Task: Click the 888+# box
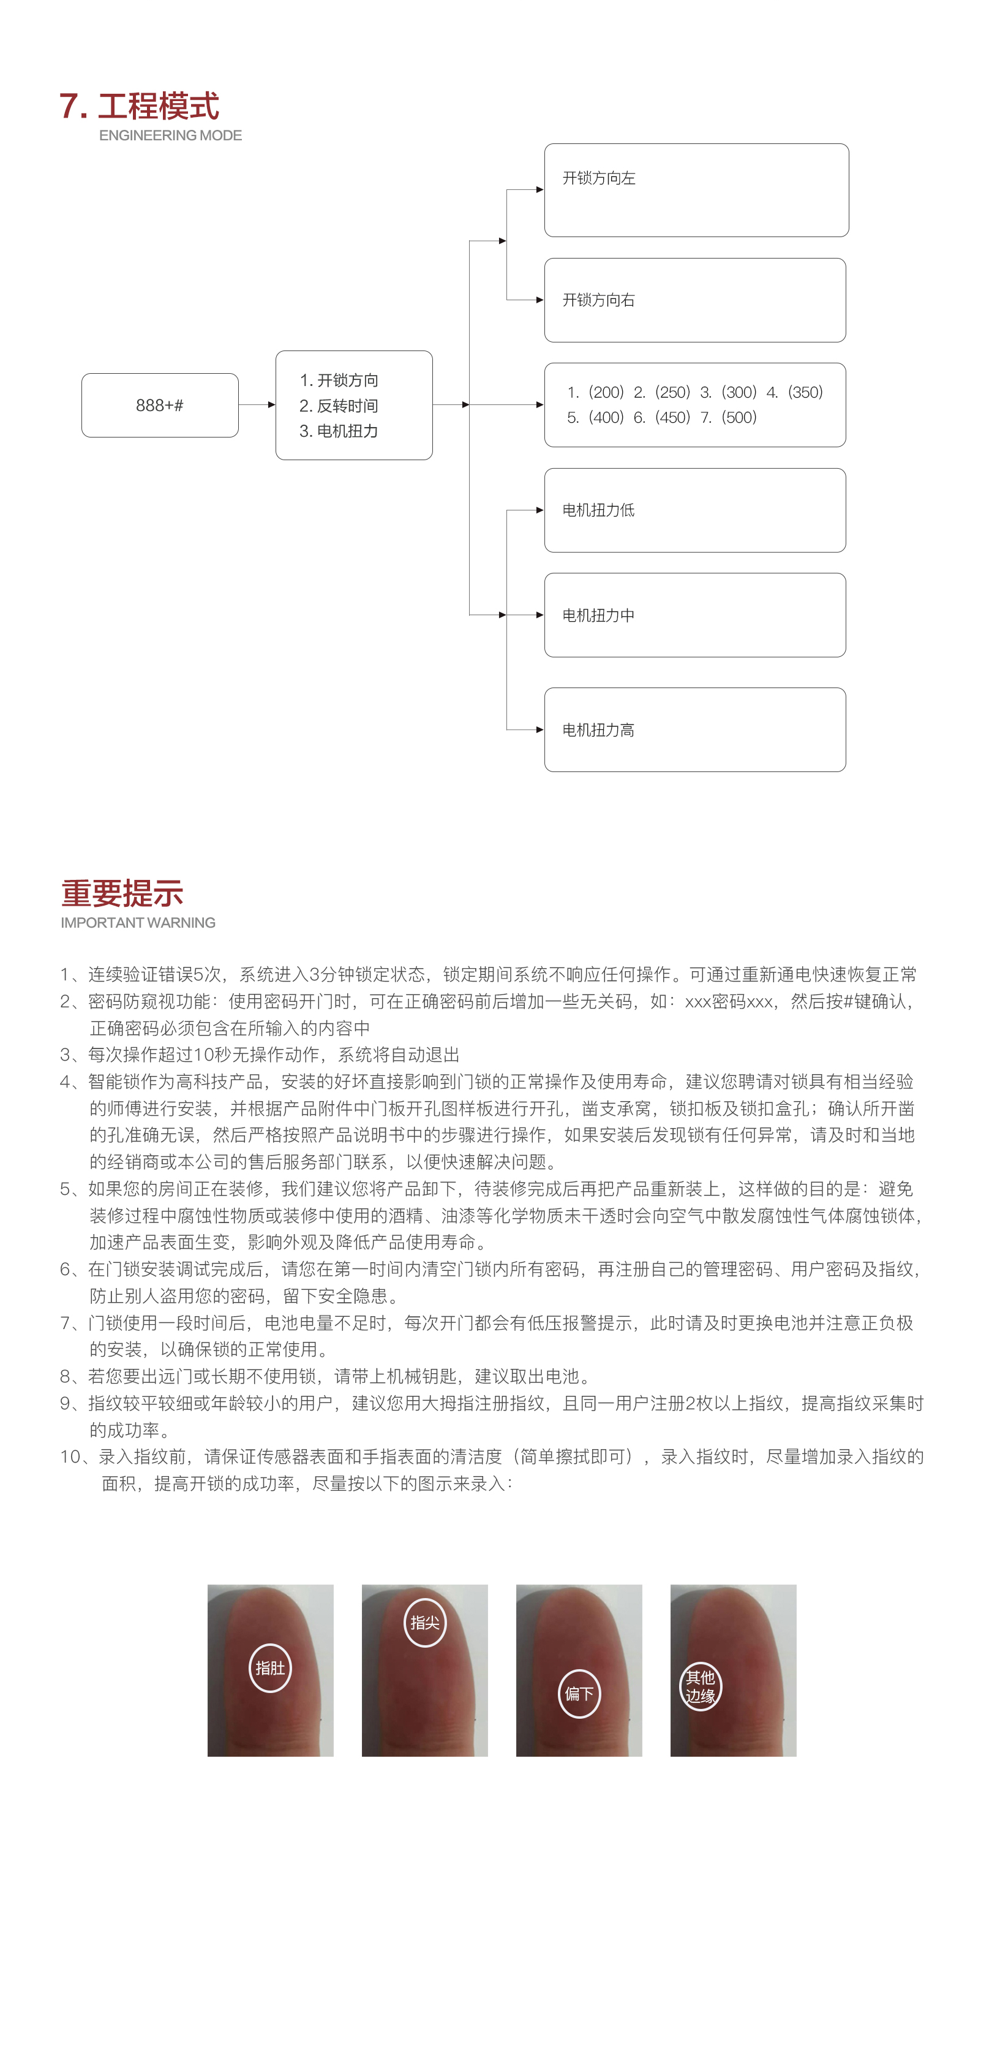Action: point(160,405)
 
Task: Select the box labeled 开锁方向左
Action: point(696,190)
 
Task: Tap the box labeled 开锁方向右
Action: point(694,300)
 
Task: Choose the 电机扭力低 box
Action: point(694,510)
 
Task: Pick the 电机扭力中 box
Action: point(694,615)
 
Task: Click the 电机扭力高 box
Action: point(694,730)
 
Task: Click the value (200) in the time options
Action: point(606,392)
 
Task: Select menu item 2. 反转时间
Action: point(339,406)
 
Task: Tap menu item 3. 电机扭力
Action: point(339,431)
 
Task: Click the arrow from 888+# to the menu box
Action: point(257,405)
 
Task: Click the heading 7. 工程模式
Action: point(139,106)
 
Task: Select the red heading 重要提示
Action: point(122,893)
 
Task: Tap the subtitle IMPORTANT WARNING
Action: point(138,923)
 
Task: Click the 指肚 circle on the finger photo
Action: point(270,1668)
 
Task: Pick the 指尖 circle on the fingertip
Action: point(424,1623)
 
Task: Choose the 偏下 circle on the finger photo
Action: point(579,1694)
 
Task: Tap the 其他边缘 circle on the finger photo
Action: point(700,1686)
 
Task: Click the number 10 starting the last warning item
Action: point(70,1457)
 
